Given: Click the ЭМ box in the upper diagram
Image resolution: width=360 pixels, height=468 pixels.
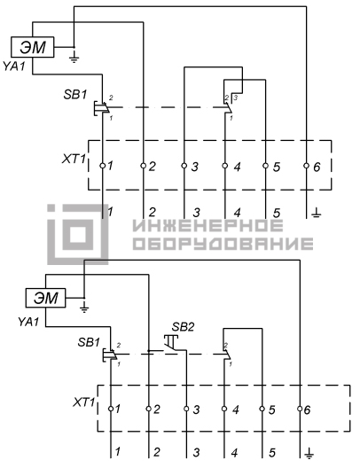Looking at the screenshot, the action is pos(33,47).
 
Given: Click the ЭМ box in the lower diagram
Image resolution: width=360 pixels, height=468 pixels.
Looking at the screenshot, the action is pos(46,298).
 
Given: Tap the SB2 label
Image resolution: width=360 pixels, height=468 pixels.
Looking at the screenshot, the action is pos(183,327).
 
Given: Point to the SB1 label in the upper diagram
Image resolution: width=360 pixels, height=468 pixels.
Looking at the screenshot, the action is pos(74,95).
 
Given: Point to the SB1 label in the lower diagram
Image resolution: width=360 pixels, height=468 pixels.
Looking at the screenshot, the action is pos(89,342).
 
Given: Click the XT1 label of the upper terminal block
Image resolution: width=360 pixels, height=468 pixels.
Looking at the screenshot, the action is pos(74,159).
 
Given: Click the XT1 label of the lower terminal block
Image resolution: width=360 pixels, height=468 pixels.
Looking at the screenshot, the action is pos(84,402).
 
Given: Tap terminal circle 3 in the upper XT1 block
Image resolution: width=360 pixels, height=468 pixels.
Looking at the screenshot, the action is pos(184,166).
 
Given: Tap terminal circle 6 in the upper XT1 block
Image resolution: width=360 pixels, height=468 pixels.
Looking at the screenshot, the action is pos(306,166).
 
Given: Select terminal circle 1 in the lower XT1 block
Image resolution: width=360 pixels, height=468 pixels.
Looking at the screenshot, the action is pos(111,409).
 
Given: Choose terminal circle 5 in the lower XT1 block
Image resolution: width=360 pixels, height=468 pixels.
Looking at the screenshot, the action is pos(262,409).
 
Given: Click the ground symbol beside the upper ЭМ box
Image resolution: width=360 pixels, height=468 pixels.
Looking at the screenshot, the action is pos(74,58).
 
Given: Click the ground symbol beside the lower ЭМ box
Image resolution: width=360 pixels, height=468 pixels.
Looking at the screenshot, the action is pos(84,307).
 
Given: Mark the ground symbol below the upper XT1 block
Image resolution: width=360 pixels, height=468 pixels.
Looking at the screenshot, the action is pos(317,213).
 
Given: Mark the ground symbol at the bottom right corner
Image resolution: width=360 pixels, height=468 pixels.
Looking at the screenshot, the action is pos(309,454).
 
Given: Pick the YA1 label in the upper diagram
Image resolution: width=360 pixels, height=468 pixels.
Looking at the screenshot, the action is pos(13,66).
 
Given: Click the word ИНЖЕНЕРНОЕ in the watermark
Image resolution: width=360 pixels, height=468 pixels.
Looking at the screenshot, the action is pos(207,225).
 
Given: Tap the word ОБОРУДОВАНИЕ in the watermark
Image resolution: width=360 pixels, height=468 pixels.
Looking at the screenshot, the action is pos(223,244).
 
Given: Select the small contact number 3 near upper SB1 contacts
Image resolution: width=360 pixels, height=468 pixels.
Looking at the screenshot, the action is pos(236,97).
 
